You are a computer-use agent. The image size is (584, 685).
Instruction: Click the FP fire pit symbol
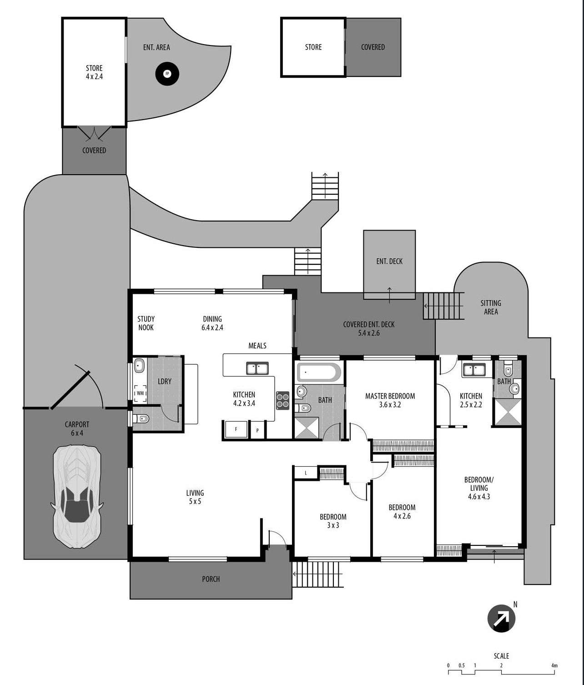(x=167, y=73)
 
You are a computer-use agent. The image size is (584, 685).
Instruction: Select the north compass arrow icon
(x=501, y=619)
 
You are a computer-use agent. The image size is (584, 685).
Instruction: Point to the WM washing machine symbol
(x=140, y=393)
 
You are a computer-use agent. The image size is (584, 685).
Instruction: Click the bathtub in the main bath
(x=318, y=373)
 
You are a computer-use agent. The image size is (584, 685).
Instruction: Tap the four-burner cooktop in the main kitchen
(x=282, y=401)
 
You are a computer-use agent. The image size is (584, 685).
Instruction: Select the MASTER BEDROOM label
(x=390, y=396)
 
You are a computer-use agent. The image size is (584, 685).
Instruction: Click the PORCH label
(x=211, y=579)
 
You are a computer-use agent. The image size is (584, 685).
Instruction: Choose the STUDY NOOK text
(x=146, y=323)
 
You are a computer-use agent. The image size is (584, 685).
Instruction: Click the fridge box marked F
(x=236, y=429)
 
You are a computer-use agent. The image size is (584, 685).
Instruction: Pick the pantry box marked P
(x=257, y=430)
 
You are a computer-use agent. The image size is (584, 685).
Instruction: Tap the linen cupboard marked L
(x=306, y=473)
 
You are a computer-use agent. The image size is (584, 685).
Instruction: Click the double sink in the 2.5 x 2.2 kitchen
(x=474, y=370)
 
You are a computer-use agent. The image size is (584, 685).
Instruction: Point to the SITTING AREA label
(x=491, y=307)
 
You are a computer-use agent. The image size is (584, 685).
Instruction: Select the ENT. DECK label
(x=389, y=261)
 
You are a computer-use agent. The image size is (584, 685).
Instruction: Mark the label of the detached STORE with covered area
(x=313, y=47)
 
